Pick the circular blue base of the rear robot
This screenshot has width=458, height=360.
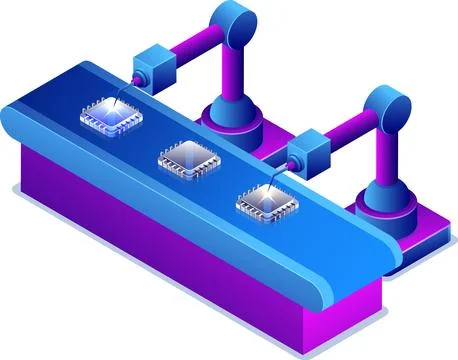(x=233, y=122)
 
